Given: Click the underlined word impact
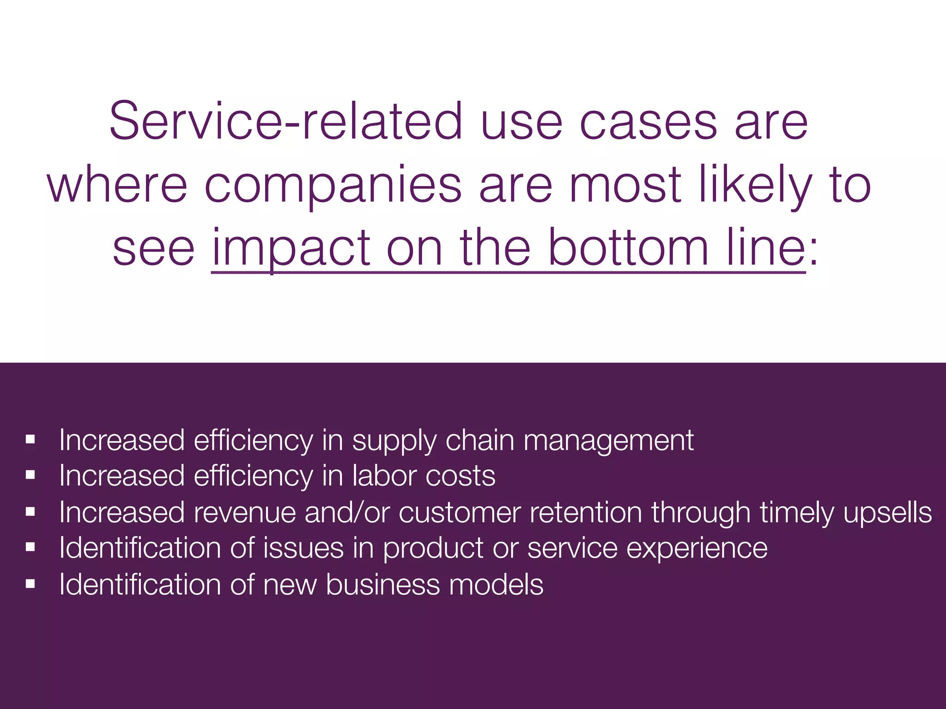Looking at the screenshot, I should click(x=291, y=249).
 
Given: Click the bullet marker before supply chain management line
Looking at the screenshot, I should click(x=30, y=440).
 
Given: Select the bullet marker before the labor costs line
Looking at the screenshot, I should click(x=30, y=475).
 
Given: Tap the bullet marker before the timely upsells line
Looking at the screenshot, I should click(x=30, y=512).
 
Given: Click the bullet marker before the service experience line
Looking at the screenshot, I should click(x=30, y=548).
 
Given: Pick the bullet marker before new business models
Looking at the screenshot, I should click(x=30, y=584).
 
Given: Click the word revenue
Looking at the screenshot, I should click(x=245, y=512).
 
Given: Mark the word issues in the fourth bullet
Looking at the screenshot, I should click(x=303, y=548).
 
